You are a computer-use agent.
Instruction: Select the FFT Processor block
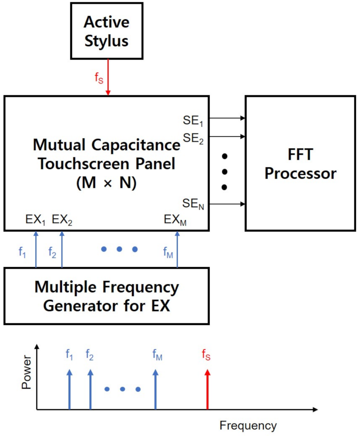pos(300,163)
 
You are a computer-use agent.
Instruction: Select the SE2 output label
pos(194,138)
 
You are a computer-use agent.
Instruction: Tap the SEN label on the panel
pos(194,205)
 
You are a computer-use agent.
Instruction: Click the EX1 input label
pos(36,220)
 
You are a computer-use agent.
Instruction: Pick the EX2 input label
pos(63,220)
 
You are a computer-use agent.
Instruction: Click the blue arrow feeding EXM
pos(177,249)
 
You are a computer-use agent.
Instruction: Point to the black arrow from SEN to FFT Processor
pos(227,205)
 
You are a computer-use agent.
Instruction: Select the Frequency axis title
pos(248,425)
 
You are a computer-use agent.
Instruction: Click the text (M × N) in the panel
pos(107,183)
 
